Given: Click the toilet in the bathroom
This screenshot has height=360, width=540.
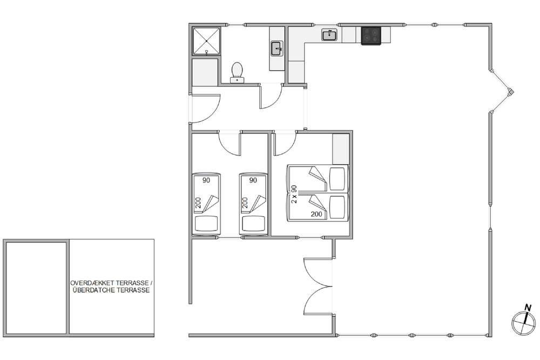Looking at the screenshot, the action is [237, 73].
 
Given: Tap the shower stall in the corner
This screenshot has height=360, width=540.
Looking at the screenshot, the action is [206, 41].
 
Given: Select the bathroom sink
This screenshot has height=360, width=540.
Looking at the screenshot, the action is [277, 49].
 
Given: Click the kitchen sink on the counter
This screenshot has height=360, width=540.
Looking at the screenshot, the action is [329, 35].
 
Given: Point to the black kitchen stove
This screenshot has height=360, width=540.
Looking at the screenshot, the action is [371, 36].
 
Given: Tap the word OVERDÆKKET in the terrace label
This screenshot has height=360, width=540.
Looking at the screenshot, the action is [92, 283].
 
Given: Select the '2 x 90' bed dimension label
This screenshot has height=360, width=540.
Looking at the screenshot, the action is [294, 194].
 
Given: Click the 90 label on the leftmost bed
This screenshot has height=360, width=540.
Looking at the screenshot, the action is [206, 180].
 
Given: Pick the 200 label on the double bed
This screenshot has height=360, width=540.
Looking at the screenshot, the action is [316, 214].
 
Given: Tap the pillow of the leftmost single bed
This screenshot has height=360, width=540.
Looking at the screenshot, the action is [206, 223].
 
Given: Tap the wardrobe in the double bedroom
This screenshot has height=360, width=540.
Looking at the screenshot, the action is [341, 148].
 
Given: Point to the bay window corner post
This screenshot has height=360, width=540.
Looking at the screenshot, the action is [511, 92].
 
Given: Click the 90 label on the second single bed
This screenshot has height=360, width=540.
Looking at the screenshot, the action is [253, 180].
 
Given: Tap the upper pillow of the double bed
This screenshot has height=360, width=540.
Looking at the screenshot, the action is [337, 179].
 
